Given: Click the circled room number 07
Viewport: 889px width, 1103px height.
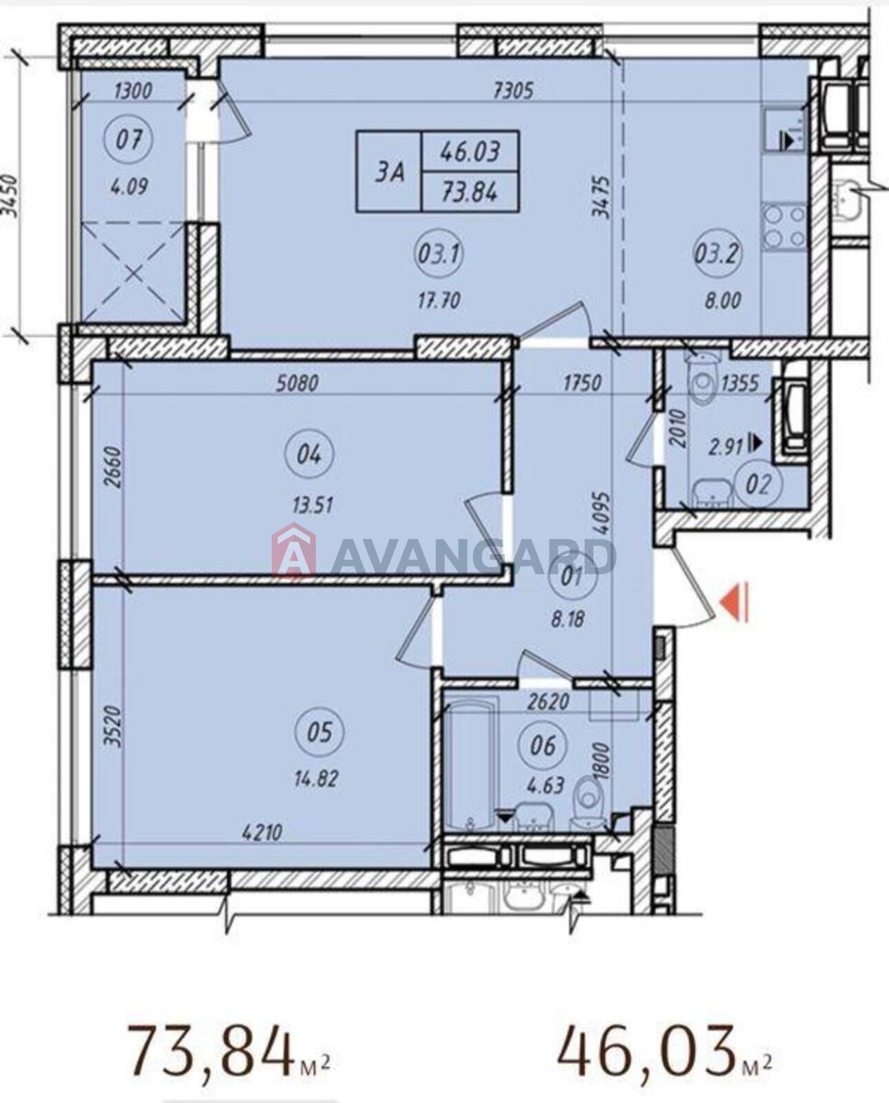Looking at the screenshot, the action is pyautogui.click(x=128, y=140).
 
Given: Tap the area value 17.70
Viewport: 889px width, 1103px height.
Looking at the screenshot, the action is pyautogui.click(x=439, y=301).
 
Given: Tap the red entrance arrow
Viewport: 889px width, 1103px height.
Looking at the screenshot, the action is pyautogui.click(x=737, y=603).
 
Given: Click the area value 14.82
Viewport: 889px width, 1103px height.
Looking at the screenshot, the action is pyautogui.click(x=315, y=780).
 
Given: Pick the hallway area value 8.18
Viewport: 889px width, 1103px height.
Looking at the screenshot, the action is pyautogui.click(x=568, y=620).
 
